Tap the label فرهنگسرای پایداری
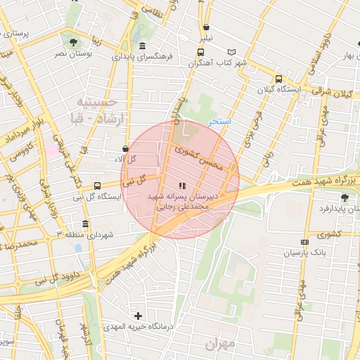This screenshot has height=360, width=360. tap(146, 55)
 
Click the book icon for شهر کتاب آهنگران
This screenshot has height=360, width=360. tap(233, 52)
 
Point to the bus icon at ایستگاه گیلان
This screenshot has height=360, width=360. tap(279, 79)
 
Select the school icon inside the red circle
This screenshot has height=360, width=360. tap(183, 186)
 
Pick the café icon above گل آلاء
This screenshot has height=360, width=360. tap(126, 149)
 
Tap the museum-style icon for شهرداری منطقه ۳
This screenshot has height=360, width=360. tap(86, 224)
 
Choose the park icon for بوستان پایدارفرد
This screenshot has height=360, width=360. tap(344, 198)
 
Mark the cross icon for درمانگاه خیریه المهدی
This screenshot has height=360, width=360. tap(138, 316)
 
